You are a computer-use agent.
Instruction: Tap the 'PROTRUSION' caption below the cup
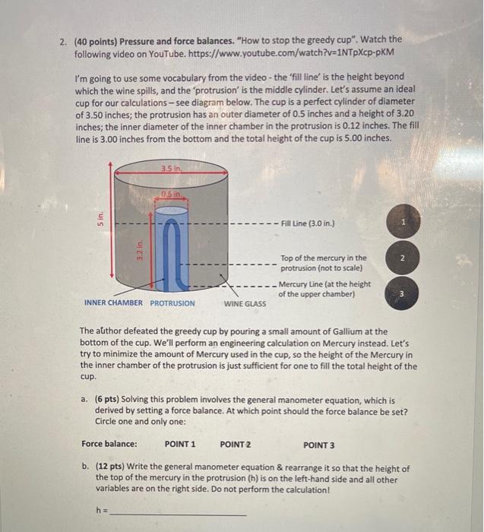coord(172,303)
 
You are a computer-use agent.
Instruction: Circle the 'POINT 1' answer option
coord(180,444)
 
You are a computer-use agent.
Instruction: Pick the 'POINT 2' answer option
coord(236,444)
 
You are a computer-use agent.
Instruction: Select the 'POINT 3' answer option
coord(318,444)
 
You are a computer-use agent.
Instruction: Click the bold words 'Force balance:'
coord(109,444)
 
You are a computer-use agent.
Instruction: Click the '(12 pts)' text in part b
coord(112,469)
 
